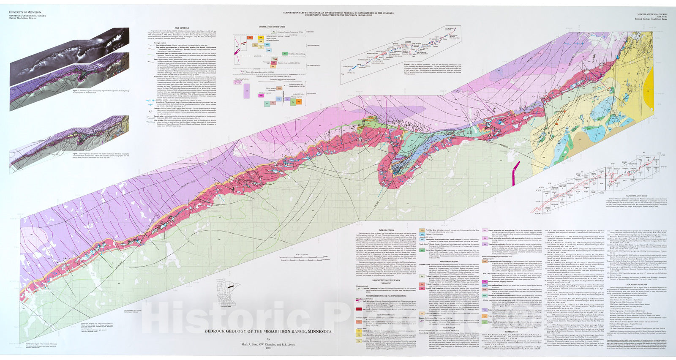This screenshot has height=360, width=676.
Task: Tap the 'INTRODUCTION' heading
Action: pyautogui.click(x=386, y=230)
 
